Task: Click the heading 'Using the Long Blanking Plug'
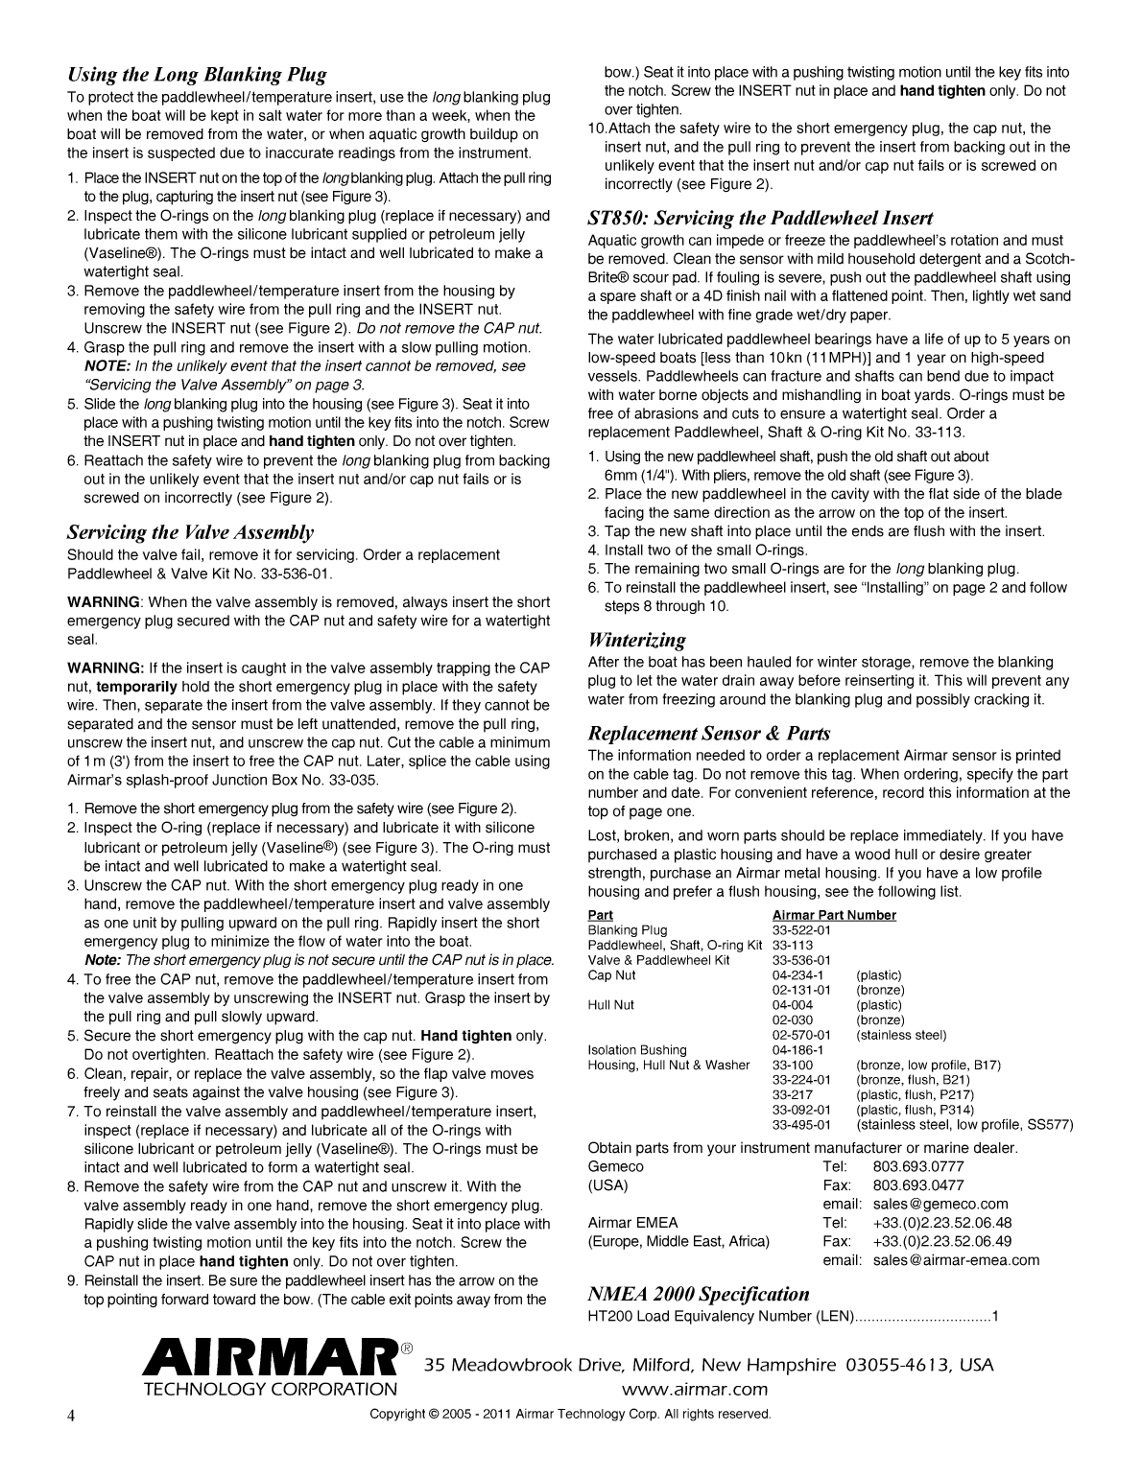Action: (197, 75)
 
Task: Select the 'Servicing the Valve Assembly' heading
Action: (190, 532)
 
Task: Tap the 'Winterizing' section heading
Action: (636, 640)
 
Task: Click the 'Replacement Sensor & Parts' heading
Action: (708, 734)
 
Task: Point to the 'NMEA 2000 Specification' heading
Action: (698, 1294)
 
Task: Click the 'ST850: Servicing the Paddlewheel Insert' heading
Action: (760, 218)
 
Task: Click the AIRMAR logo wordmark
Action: (270, 1362)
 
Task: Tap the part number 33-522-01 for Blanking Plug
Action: (801, 930)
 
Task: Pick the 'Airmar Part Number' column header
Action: (834, 915)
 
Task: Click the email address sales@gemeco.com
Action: (940, 1204)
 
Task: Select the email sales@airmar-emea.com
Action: (956, 1260)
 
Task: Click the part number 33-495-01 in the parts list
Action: (801, 1125)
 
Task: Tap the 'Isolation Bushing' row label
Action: (637, 1050)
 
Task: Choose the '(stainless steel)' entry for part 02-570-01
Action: (901, 1035)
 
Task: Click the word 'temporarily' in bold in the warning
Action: (136, 687)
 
